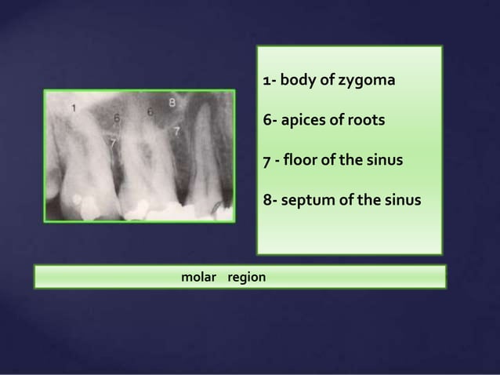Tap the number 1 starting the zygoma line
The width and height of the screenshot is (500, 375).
(x=266, y=81)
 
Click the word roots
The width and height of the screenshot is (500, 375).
(x=367, y=121)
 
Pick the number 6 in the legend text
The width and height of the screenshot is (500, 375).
(x=266, y=121)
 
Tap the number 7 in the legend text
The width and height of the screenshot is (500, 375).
(x=266, y=161)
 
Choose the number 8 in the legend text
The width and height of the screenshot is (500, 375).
(x=266, y=201)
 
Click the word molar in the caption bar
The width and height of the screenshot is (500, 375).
(x=198, y=278)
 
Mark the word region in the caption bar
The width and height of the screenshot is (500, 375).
(x=246, y=278)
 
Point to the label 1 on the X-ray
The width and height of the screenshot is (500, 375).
(x=74, y=107)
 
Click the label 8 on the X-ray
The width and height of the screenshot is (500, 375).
(x=172, y=103)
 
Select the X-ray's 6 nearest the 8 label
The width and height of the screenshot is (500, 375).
(x=150, y=112)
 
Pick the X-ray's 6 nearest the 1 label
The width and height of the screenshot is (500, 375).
(x=116, y=118)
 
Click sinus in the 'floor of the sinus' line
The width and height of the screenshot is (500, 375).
(x=384, y=161)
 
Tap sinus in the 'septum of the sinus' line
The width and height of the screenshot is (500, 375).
(x=402, y=201)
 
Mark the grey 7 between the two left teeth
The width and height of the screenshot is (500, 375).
(x=113, y=142)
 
